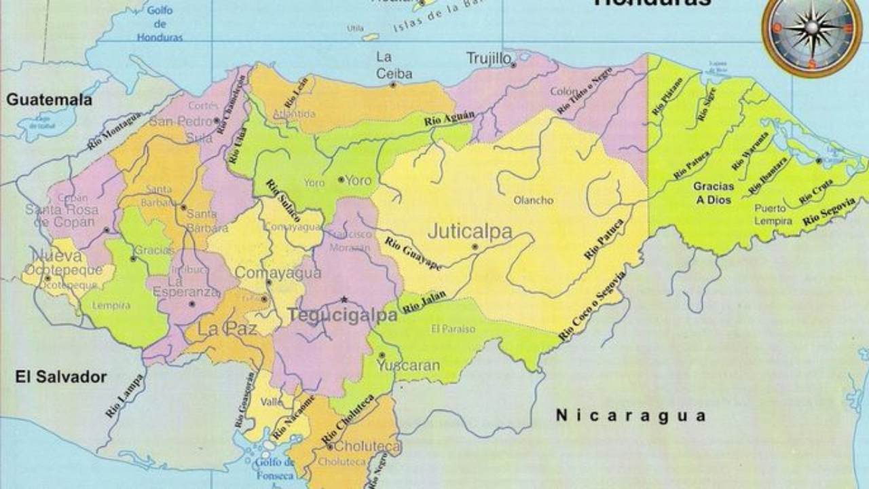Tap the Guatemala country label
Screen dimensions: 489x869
[49, 100]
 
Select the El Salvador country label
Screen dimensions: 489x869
[61, 377]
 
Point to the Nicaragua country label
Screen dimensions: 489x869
[631, 415]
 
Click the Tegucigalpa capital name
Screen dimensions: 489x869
[343, 316]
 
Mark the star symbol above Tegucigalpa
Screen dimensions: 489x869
[344, 300]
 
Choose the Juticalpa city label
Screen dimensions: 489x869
[470, 232]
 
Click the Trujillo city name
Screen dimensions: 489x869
[488, 59]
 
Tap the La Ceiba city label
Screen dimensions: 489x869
[394, 66]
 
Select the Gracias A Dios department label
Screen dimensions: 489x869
[713, 194]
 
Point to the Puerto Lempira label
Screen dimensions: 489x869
[773, 215]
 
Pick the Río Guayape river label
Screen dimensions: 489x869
[412, 253]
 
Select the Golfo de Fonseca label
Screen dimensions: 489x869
[275, 468]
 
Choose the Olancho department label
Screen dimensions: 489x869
[533, 200]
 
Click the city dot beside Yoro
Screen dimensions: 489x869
[341, 180]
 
